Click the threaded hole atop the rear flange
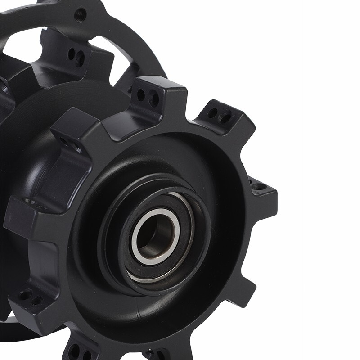point(81,14)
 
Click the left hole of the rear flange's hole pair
point(71,54)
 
